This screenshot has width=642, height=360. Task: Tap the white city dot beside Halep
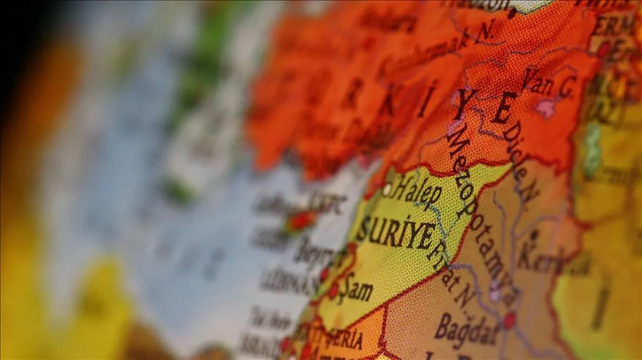point(387,190)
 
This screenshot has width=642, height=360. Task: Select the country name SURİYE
point(396,231)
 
